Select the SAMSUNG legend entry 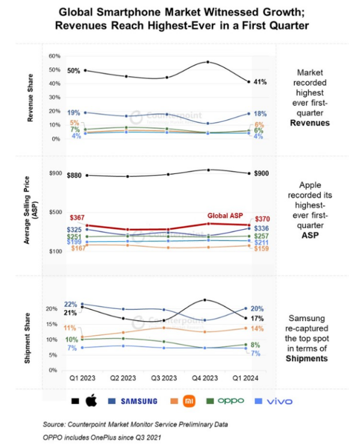(139, 401)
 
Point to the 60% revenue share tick (55, 56)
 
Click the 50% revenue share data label (74, 71)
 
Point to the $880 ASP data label (75, 176)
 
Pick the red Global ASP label (225, 215)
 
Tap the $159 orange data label (263, 248)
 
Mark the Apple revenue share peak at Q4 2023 (207, 62)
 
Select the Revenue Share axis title (30, 97)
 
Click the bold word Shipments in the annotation (307, 358)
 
